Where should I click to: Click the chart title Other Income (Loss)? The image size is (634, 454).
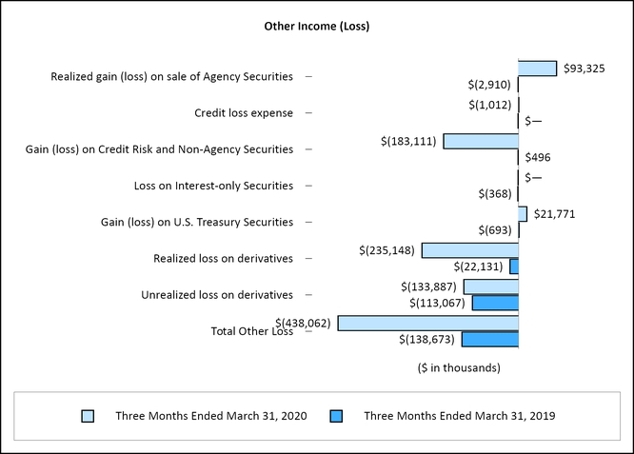point(316,27)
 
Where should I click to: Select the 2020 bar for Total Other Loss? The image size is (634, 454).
point(427,323)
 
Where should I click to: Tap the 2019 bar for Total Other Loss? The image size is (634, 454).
point(489,339)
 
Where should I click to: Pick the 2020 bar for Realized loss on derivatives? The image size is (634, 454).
point(469,250)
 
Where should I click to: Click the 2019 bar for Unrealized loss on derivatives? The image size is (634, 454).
point(495,303)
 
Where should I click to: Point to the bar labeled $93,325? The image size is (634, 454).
point(537,69)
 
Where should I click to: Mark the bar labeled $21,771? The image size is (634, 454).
point(523,214)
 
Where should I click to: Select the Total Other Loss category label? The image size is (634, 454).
point(251,331)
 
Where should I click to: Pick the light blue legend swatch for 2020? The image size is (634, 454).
point(88,416)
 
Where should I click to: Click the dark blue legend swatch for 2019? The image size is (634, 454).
point(336,416)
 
